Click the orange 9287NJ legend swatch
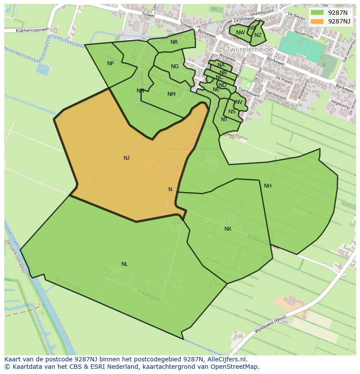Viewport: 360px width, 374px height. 317,21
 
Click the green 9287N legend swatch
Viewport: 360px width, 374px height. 317,13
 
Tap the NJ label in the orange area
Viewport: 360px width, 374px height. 127,158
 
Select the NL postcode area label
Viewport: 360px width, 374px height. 125,264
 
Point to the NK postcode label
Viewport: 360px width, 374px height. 228,229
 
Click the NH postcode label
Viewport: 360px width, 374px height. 267,186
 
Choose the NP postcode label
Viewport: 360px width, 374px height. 110,63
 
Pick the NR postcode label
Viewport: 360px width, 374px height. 174,42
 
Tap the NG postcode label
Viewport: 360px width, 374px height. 175,66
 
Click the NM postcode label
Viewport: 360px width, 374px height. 171,94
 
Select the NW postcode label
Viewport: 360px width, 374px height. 240,33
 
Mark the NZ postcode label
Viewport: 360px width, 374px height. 258,36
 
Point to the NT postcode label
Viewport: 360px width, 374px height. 224,119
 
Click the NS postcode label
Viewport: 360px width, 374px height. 232,112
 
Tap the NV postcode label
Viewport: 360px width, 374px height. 239,103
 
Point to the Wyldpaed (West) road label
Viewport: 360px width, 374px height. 270,324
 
